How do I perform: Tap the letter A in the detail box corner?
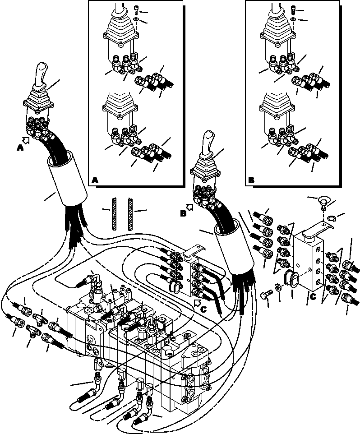tap(95, 180)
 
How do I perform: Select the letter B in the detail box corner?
tap(251, 180)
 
